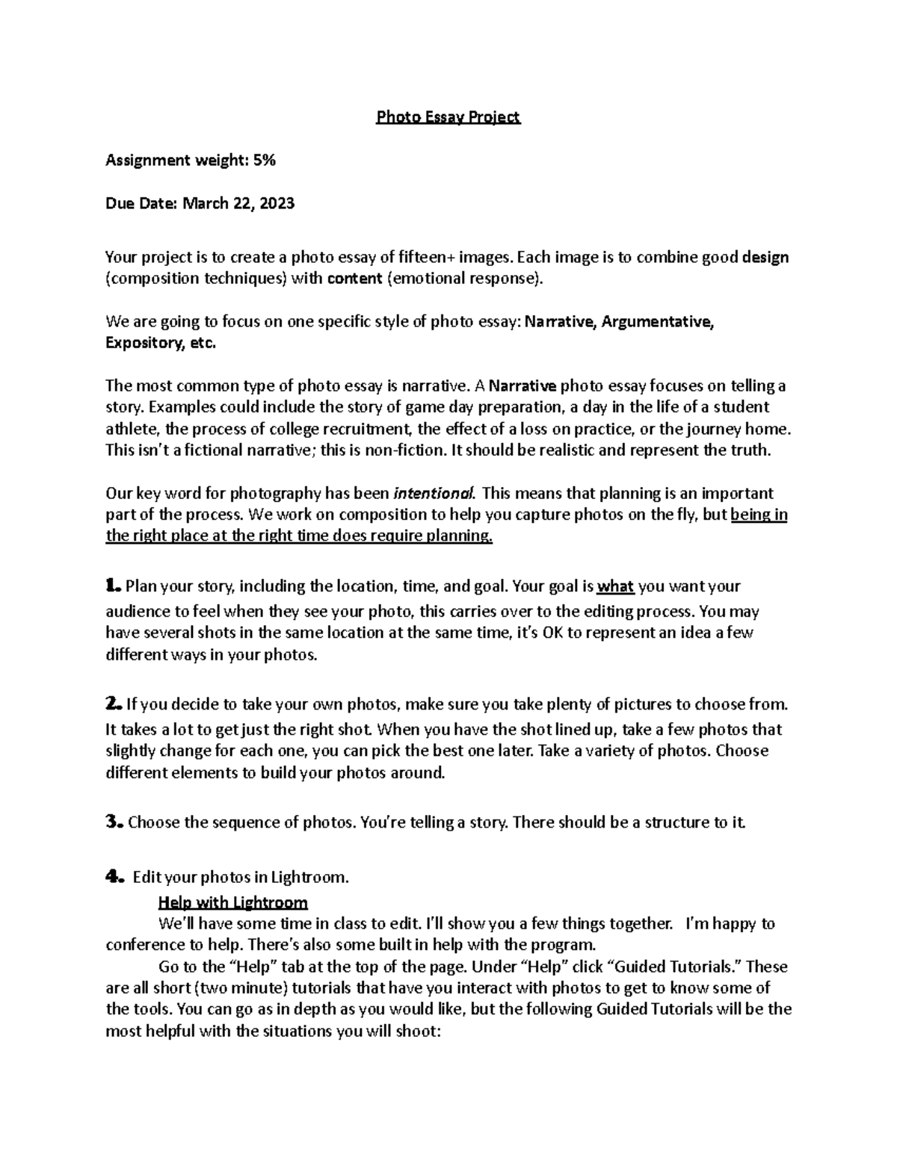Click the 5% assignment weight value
pyautogui.click(x=265, y=160)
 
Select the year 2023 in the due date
pyautogui.click(x=278, y=203)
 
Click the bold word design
pyautogui.click(x=765, y=258)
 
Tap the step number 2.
pyautogui.click(x=112, y=704)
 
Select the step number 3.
pyautogui.click(x=113, y=822)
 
